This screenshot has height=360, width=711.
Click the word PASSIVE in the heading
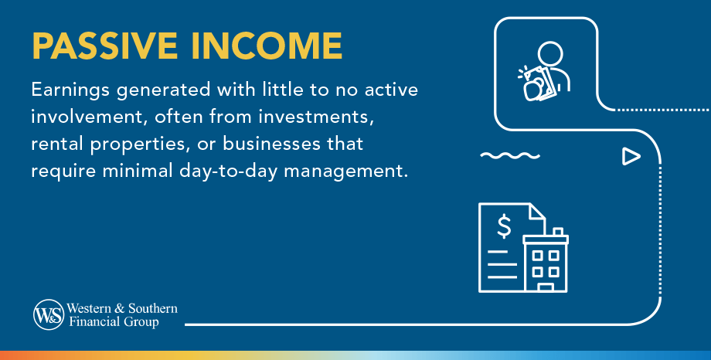click(x=104, y=46)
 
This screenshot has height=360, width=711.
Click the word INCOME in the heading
click(x=267, y=46)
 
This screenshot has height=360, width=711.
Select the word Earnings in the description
click(x=70, y=90)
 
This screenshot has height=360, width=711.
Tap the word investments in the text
click(x=316, y=117)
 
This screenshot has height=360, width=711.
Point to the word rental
click(x=56, y=144)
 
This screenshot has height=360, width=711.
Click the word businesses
click(x=271, y=144)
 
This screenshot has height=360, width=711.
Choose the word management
click(x=346, y=172)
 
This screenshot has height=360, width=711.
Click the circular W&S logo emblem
click(x=49, y=314)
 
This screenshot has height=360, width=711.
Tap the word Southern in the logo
click(x=152, y=308)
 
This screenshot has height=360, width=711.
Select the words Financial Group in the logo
click(x=114, y=322)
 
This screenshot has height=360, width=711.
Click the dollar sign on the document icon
click(x=504, y=226)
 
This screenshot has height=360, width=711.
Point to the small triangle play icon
click(x=631, y=156)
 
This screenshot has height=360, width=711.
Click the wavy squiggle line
click(x=510, y=155)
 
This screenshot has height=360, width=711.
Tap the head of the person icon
click(x=550, y=54)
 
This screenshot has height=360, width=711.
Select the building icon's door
click(x=545, y=287)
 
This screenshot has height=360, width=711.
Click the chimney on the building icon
click(x=558, y=232)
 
